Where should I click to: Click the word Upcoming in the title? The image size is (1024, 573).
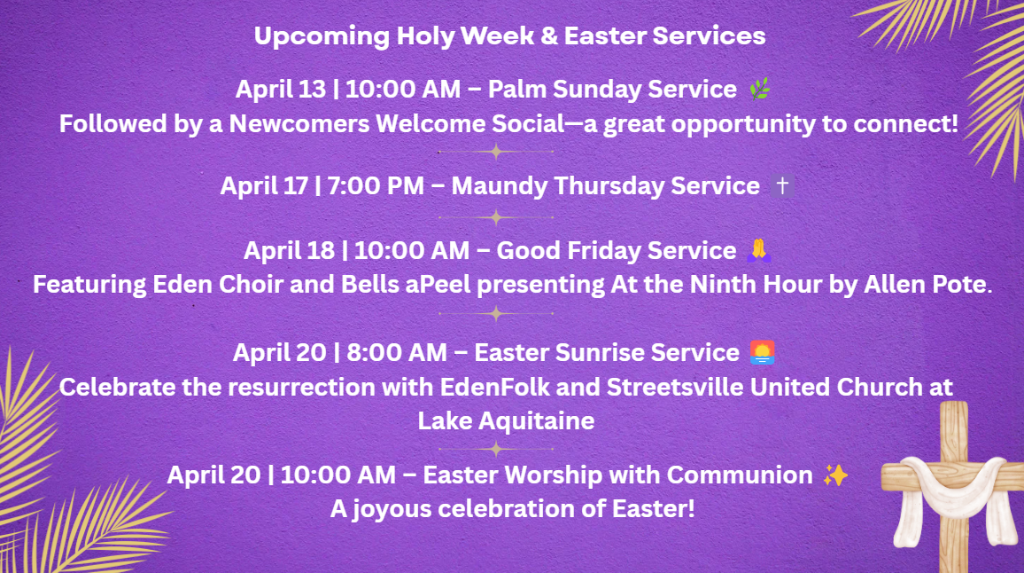[x=322, y=36]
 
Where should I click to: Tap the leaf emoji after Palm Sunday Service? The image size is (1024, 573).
[x=759, y=89]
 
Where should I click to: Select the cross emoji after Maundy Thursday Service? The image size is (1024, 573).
[x=781, y=185]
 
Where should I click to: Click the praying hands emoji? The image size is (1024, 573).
[x=759, y=250]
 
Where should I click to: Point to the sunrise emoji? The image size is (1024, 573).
[x=762, y=352]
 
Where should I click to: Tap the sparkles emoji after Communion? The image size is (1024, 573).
[x=835, y=475]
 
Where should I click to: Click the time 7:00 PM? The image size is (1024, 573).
[x=376, y=185]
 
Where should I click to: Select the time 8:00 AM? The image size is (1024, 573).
[x=397, y=352]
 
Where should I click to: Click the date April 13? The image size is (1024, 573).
[x=280, y=90]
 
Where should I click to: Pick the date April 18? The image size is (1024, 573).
[x=289, y=250]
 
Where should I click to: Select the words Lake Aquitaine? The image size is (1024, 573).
[x=506, y=420]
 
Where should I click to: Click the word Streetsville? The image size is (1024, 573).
[x=675, y=388]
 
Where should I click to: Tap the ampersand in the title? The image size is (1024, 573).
[x=549, y=36]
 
